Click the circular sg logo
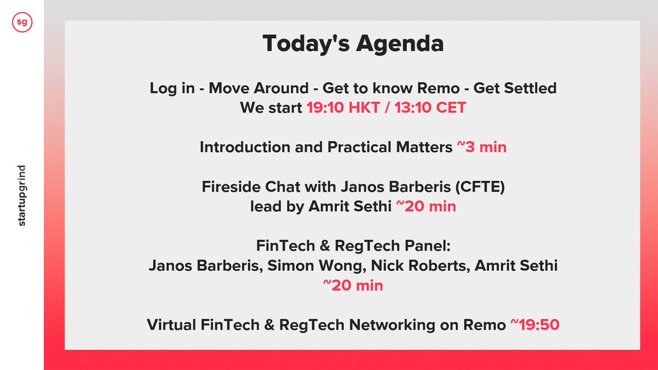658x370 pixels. pyautogui.click(x=22, y=22)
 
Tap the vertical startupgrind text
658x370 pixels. pyautogui.click(x=22, y=195)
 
